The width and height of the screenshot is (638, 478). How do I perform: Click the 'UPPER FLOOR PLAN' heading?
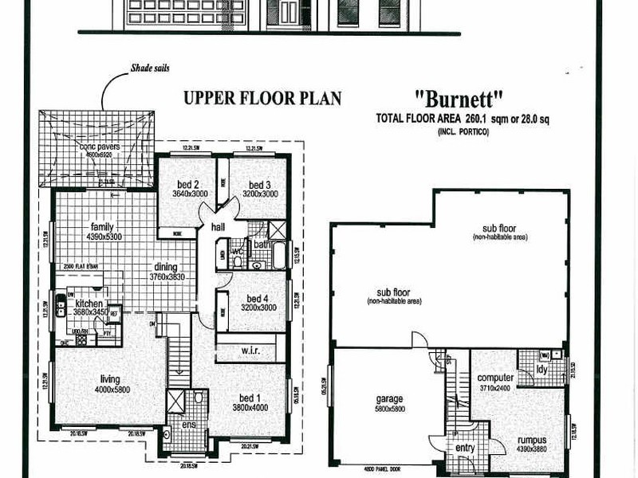262,99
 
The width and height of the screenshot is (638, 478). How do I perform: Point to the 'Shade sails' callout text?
150,69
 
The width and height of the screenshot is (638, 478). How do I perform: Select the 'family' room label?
103,226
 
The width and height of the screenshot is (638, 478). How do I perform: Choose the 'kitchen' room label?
90,304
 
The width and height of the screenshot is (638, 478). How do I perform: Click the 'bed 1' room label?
250,398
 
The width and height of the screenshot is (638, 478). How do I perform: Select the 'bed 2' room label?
187,184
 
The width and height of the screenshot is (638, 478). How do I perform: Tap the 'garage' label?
389,398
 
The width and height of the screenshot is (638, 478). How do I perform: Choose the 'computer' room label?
495,378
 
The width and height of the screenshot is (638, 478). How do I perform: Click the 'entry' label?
464,449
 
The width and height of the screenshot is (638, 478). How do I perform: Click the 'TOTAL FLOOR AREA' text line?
463,118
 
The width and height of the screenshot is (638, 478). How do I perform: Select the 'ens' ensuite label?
187,425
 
